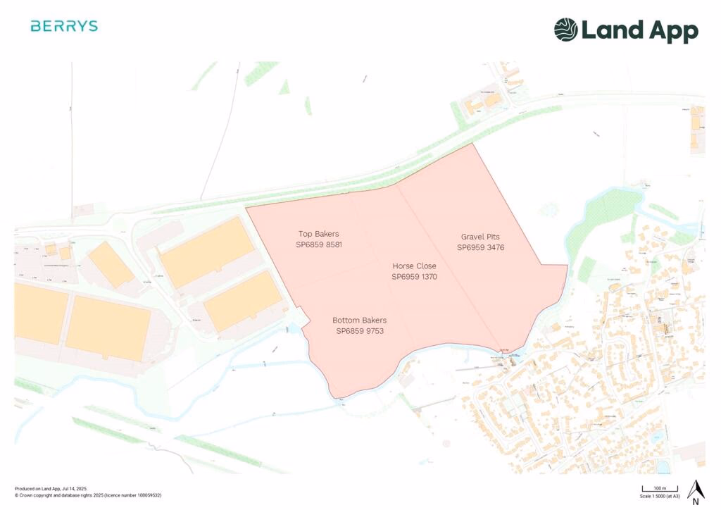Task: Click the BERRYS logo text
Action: (64, 26)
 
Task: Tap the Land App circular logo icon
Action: (565, 30)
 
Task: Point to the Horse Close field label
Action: (414, 266)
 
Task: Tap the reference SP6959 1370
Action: (414, 277)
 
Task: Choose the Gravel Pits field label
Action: (480, 237)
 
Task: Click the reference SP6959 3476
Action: (480, 247)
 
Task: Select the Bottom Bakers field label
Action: (360, 320)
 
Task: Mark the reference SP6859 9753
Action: (360, 330)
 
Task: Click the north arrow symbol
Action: (696, 488)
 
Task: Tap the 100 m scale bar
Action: (659, 487)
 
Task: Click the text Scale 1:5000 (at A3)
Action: (659, 495)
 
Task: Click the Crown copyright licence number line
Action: (88, 495)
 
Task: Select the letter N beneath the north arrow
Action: (696, 502)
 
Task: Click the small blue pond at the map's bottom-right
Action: (663, 466)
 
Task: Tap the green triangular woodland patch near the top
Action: (284, 87)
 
